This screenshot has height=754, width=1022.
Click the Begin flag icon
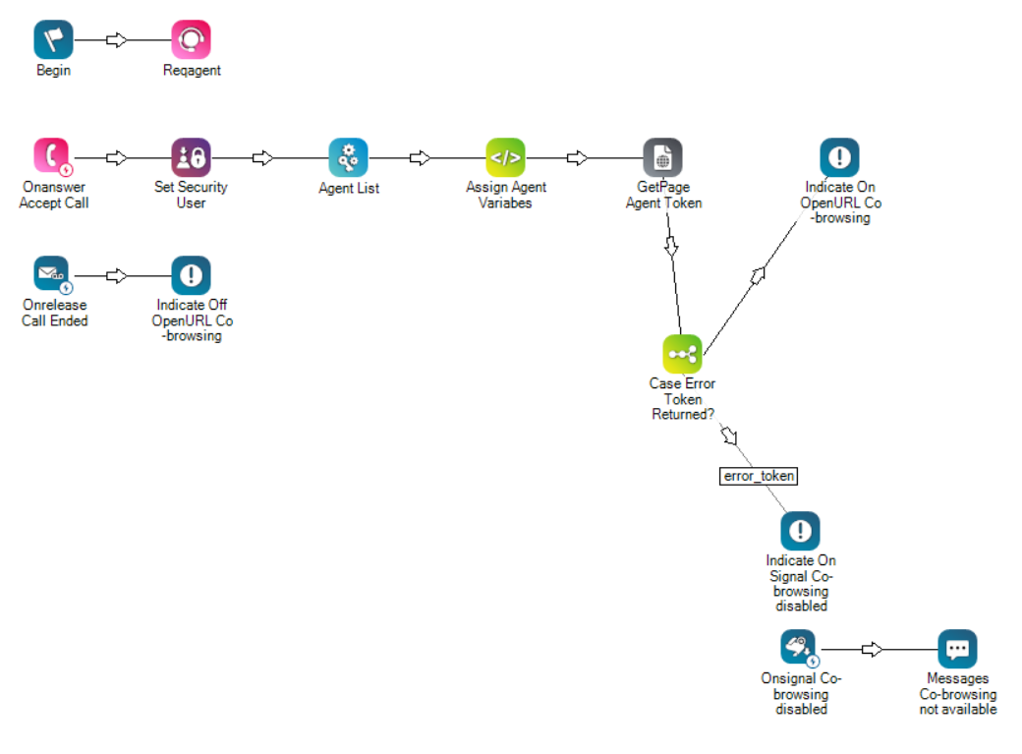click(x=53, y=40)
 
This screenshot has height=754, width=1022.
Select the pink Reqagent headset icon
click(x=191, y=40)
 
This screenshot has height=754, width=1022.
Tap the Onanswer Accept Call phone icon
click(x=53, y=157)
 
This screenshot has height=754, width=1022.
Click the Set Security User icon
click(x=191, y=157)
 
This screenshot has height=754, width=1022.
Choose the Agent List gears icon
click(x=348, y=157)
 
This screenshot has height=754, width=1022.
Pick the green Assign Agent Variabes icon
click(x=505, y=157)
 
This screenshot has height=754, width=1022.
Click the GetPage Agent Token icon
click(x=663, y=157)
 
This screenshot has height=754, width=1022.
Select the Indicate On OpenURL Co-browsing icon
click(x=839, y=157)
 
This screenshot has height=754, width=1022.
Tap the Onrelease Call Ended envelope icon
click(x=52, y=275)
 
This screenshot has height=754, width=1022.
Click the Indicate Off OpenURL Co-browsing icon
click(x=191, y=275)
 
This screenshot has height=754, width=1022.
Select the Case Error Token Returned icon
click(x=682, y=354)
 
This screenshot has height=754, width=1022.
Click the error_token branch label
click(x=758, y=476)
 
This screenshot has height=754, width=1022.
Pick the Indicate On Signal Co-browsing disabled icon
click(x=800, y=531)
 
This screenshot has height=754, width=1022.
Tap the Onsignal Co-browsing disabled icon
click(x=800, y=649)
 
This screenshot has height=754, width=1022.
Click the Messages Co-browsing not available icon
click(x=957, y=649)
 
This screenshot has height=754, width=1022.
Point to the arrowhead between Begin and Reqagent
click(x=117, y=40)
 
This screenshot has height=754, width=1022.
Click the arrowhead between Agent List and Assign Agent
click(x=420, y=157)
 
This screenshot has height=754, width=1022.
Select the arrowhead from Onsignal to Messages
click(x=872, y=649)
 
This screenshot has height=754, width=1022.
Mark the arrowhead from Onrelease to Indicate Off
click(x=117, y=275)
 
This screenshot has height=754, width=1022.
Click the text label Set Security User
click(x=191, y=195)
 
